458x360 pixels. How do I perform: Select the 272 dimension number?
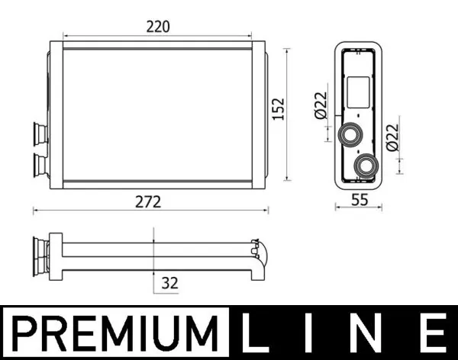pos(149,202)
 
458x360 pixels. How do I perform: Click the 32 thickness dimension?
pos(169,283)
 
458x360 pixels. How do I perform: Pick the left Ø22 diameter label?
pos(321,104)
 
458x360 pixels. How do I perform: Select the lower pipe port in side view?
pos(366,163)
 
